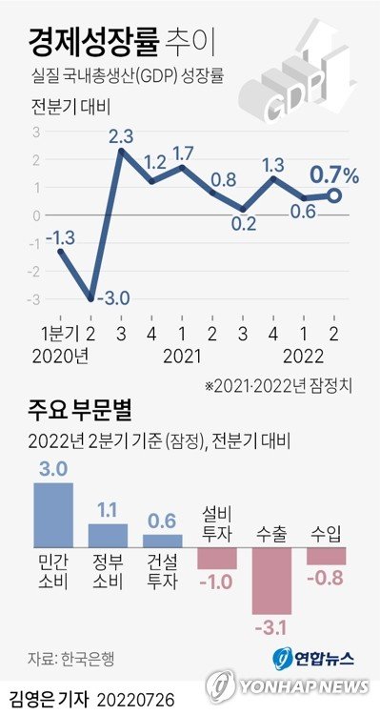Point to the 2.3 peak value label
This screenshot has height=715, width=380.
[121, 136]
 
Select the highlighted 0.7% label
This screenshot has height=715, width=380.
[332, 175]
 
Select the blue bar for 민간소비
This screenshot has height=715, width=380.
[53, 514]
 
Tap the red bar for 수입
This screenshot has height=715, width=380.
[326, 556]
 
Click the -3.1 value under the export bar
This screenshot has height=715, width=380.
[272, 625]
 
